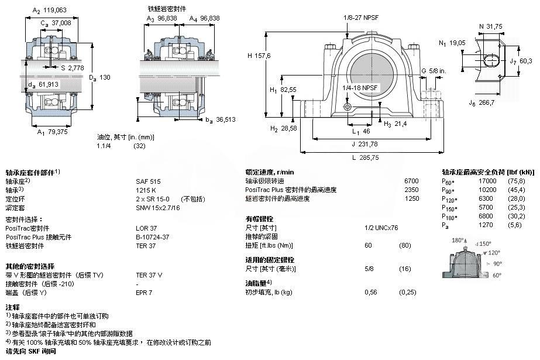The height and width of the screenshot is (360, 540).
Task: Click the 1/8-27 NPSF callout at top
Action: coord(361,18)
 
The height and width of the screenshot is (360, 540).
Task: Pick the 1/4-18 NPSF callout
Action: coord(360,87)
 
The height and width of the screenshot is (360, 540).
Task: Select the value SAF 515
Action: coord(148,181)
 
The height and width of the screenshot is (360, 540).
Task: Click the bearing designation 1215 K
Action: coord(146,190)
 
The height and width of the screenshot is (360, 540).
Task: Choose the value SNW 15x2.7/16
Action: coord(157,207)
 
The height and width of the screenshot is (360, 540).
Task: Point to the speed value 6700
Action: coord(412,181)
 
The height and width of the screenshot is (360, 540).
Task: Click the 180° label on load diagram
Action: coord(459,241)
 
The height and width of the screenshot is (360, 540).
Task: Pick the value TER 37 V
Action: coord(149,274)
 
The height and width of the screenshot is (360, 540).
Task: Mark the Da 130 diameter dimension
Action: coord(99,77)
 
